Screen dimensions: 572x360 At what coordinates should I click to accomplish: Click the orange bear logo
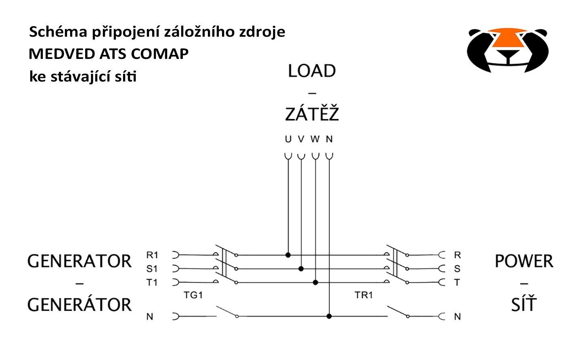pyautogui.click(x=508, y=50)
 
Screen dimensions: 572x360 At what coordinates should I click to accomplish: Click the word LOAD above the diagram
pyautogui.click(x=312, y=71)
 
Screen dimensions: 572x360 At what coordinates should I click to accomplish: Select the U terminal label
pyautogui.click(x=288, y=139)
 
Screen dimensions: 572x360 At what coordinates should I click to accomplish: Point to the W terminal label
pyautogui.click(x=315, y=139)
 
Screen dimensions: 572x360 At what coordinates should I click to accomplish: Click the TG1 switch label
pyautogui.click(x=193, y=295)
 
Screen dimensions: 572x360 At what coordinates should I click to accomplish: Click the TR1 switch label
pyautogui.click(x=364, y=295)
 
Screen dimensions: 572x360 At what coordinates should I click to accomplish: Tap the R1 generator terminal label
pyautogui.click(x=152, y=255)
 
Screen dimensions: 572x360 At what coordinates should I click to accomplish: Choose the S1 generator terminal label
pyautogui.click(x=152, y=269)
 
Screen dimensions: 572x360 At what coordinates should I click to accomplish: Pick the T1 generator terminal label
pyautogui.click(x=152, y=283)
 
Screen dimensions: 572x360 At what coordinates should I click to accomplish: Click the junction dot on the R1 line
pyautogui.click(x=288, y=255)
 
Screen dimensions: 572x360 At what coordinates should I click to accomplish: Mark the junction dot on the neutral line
pyautogui.click(x=329, y=316)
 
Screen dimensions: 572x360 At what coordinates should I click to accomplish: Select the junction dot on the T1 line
pyautogui.click(x=315, y=283)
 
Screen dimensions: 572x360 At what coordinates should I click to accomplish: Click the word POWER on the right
pyautogui.click(x=524, y=261)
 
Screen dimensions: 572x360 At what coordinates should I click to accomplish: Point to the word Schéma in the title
pyautogui.click(x=58, y=32)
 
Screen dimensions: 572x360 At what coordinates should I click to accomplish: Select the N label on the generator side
pyautogui.click(x=150, y=316)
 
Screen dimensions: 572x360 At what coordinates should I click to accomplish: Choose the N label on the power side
pyautogui.click(x=457, y=316)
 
